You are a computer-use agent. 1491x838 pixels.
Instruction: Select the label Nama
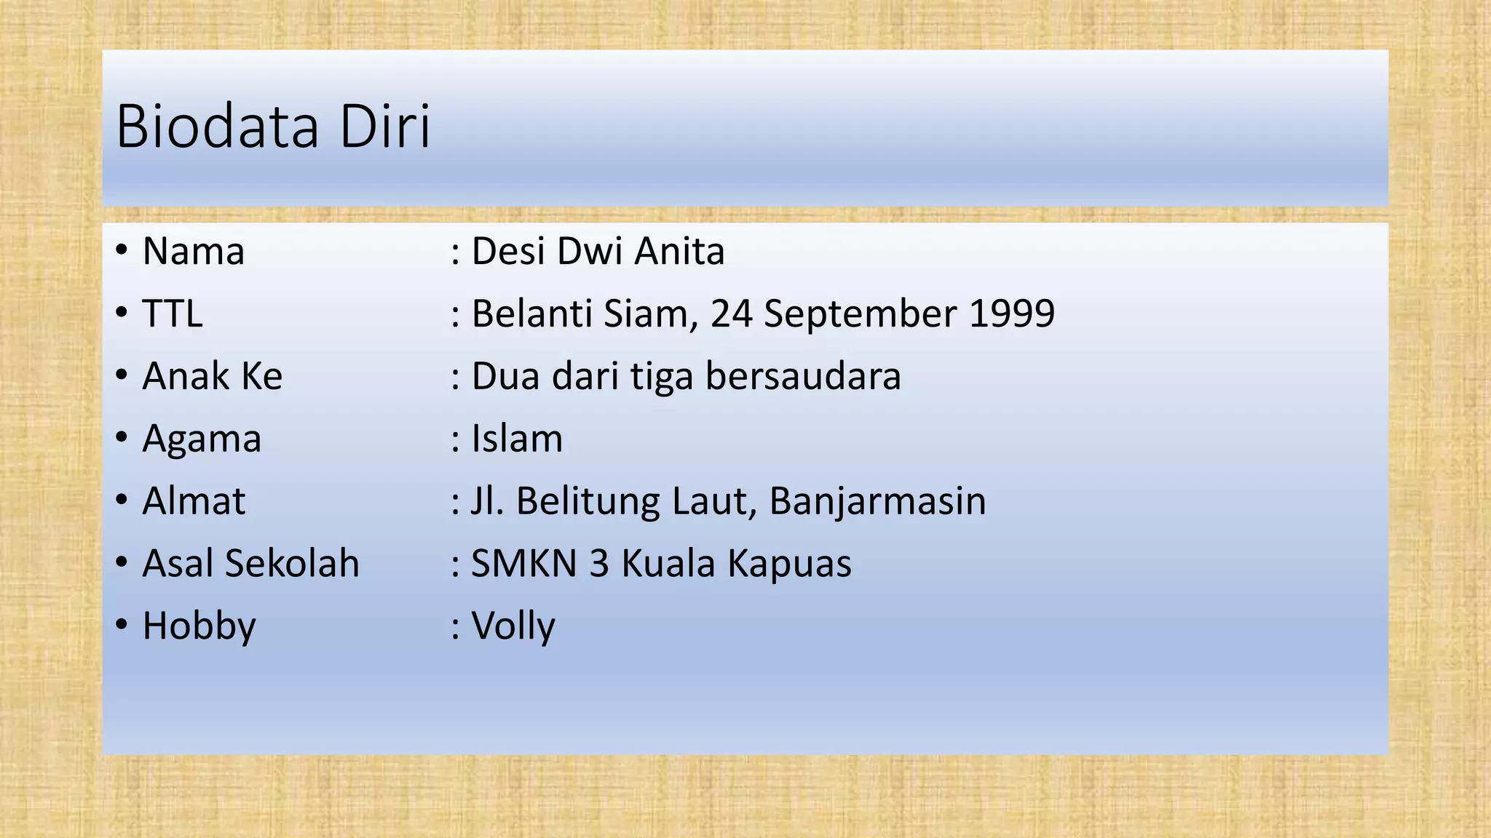tap(193, 252)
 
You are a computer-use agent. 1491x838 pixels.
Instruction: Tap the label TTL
tap(172, 314)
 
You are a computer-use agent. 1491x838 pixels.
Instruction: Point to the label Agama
tap(202, 439)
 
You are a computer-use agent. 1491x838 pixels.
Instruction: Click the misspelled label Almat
tap(194, 501)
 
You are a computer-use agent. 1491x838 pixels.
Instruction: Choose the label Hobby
tap(199, 626)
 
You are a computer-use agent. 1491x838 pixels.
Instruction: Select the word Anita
tap(679, 252)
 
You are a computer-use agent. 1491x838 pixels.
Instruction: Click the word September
tap(860, 314)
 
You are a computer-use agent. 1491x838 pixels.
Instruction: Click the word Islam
tap(517, 439)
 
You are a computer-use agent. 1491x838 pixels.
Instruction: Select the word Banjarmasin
tap(877, 501)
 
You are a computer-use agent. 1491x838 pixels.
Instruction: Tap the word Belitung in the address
tap(588, 501)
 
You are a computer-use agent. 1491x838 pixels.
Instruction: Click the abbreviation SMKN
tap(524, 564)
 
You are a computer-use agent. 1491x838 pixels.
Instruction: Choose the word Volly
tap(513, 626)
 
